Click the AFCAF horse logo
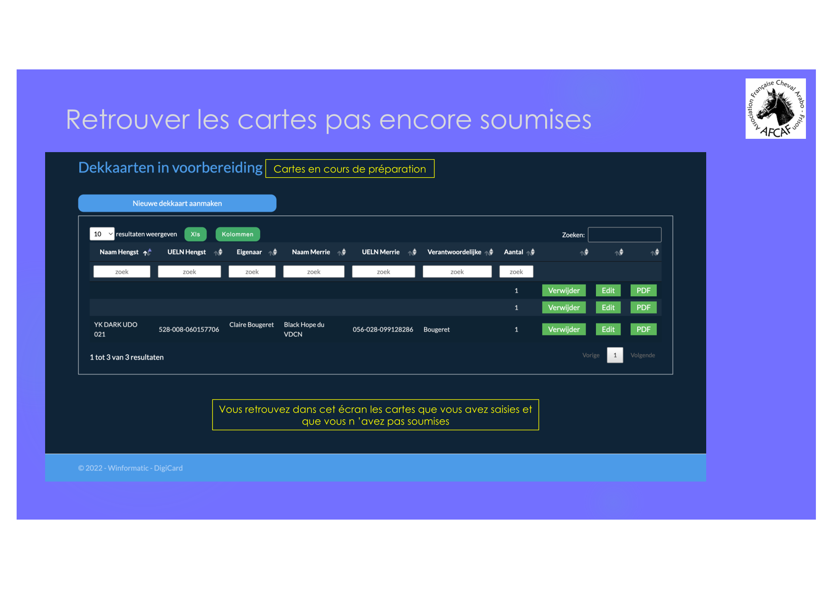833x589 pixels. click(776, 108)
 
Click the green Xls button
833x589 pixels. click(195, 234)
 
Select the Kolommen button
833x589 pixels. click(237, 234)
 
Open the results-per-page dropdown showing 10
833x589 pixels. click(102, 234)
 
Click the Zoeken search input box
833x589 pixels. click(625, 235)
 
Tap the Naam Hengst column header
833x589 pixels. click(119, 252)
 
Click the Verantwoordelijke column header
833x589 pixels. click(454, 252)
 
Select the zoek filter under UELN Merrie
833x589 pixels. click(383, 271)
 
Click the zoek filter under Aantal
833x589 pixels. click(516, 271)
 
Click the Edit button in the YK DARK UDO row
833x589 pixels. click(608, 329)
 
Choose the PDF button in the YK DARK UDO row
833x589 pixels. click(644, 329)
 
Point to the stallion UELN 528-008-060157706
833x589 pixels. click(189, 329)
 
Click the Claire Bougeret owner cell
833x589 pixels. click(252, 325)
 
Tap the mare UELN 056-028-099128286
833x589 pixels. click(383, 329)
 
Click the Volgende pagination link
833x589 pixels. click(643, 355)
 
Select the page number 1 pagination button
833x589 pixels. click(615, 355)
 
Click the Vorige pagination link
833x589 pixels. click(591, 355)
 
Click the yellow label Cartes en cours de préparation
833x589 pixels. click(350, 169)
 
